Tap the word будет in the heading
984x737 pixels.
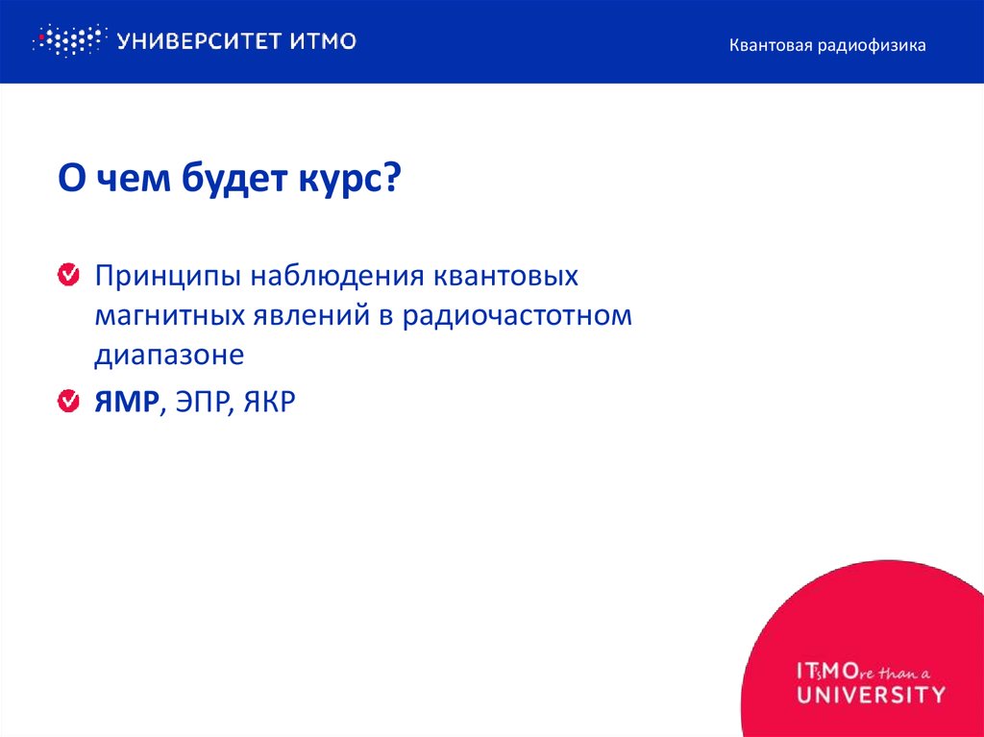(224, 181)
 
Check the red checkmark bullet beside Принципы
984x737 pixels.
(69, 277)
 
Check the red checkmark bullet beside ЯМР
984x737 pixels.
(69, 402)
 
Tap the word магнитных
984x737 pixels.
(170, 316)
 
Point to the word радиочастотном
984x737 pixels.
(517, 316)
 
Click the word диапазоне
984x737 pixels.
(169, 355)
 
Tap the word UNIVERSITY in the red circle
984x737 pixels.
(871, 693)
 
